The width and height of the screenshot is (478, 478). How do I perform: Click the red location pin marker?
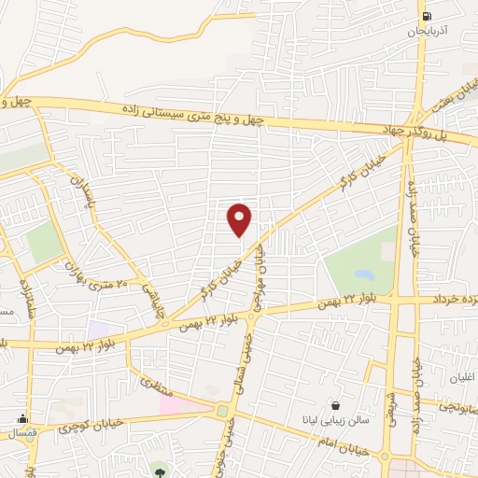(240, 219)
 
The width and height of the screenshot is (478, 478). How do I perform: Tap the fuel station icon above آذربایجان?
(428, 15)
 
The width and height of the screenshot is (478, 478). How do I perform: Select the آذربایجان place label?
(427, 32)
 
